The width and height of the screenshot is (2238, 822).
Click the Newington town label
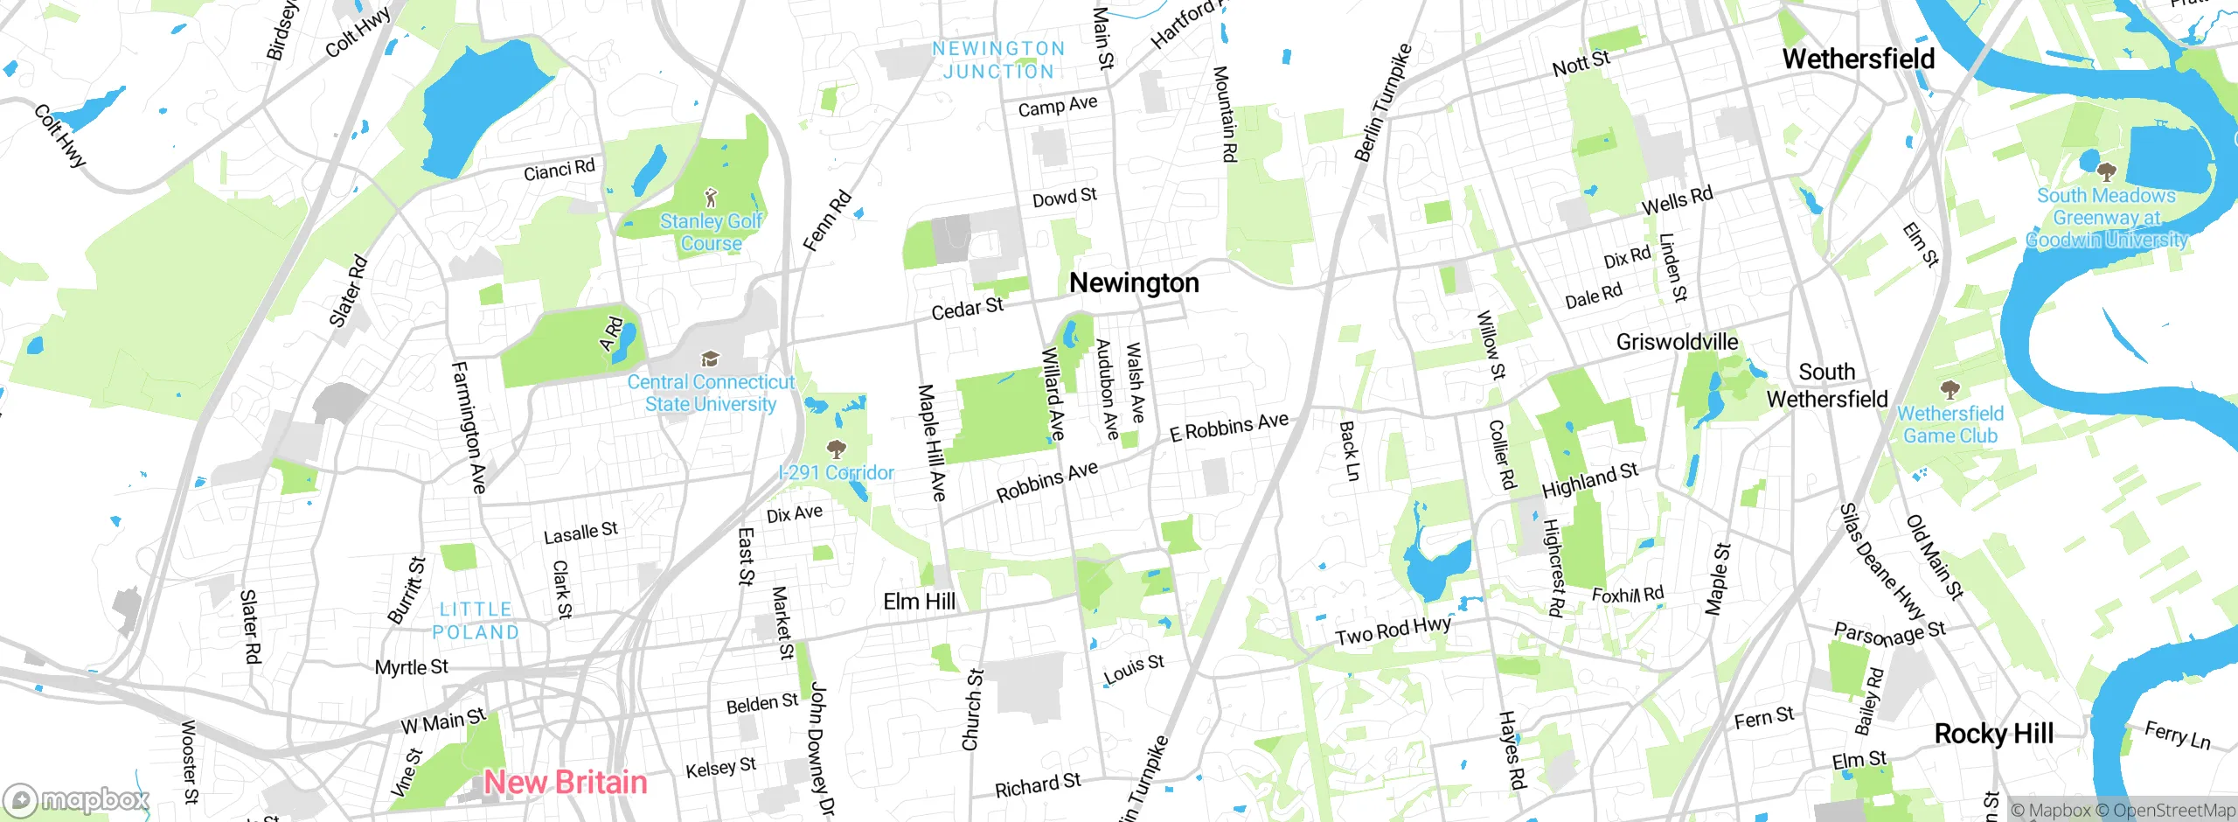[1134, 283]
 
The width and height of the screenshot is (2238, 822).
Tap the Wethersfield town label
[1858, 59]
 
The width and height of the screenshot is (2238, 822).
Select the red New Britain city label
[566, 782]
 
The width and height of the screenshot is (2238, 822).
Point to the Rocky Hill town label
[1993, 734]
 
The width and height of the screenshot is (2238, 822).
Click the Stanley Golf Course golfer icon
[712, 197]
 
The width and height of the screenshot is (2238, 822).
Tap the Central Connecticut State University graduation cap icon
[711, 359]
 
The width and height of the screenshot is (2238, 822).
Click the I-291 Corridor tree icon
[837, 449]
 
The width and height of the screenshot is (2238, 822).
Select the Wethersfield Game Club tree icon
[1950, 389]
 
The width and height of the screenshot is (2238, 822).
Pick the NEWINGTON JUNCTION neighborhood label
[998, 60]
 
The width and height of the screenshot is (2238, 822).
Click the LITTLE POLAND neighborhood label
[476, 621]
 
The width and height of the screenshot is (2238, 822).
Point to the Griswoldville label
[1677, 342]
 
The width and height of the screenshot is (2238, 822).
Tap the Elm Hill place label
[919, 602]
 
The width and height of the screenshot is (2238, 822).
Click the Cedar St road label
[967, 309]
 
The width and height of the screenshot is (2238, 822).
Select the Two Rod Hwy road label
[1393, 630]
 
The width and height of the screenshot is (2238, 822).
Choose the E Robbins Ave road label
[1228, 428]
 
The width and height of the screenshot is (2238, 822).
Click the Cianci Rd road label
[559, 170]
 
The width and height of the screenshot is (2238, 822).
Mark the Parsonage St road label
[1889, 633]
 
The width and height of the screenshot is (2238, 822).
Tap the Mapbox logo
[76, 799]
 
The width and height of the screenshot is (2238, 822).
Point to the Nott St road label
[1581, 64]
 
